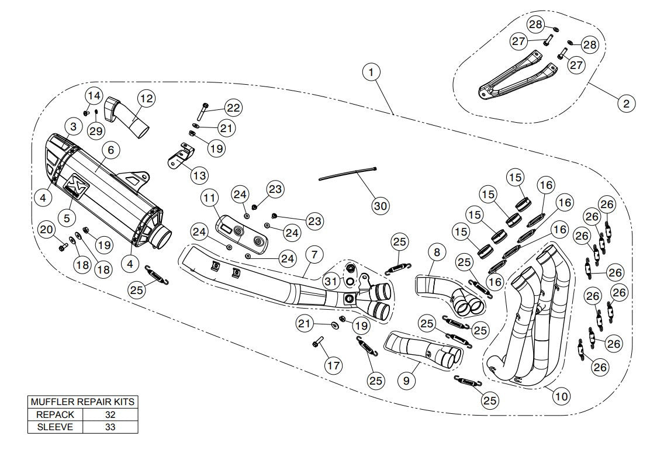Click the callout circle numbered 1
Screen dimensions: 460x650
coord(371,72)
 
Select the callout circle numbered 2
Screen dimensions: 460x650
coord(626,104)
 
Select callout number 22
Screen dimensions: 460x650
coord(233,108)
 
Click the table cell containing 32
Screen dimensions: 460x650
coord(110,414)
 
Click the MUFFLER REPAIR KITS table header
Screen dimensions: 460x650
coord(83,402)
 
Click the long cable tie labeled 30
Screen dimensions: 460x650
coord(347,174)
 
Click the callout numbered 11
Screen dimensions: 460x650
coord(210,198)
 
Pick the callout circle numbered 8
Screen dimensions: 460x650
coord(437,253)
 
